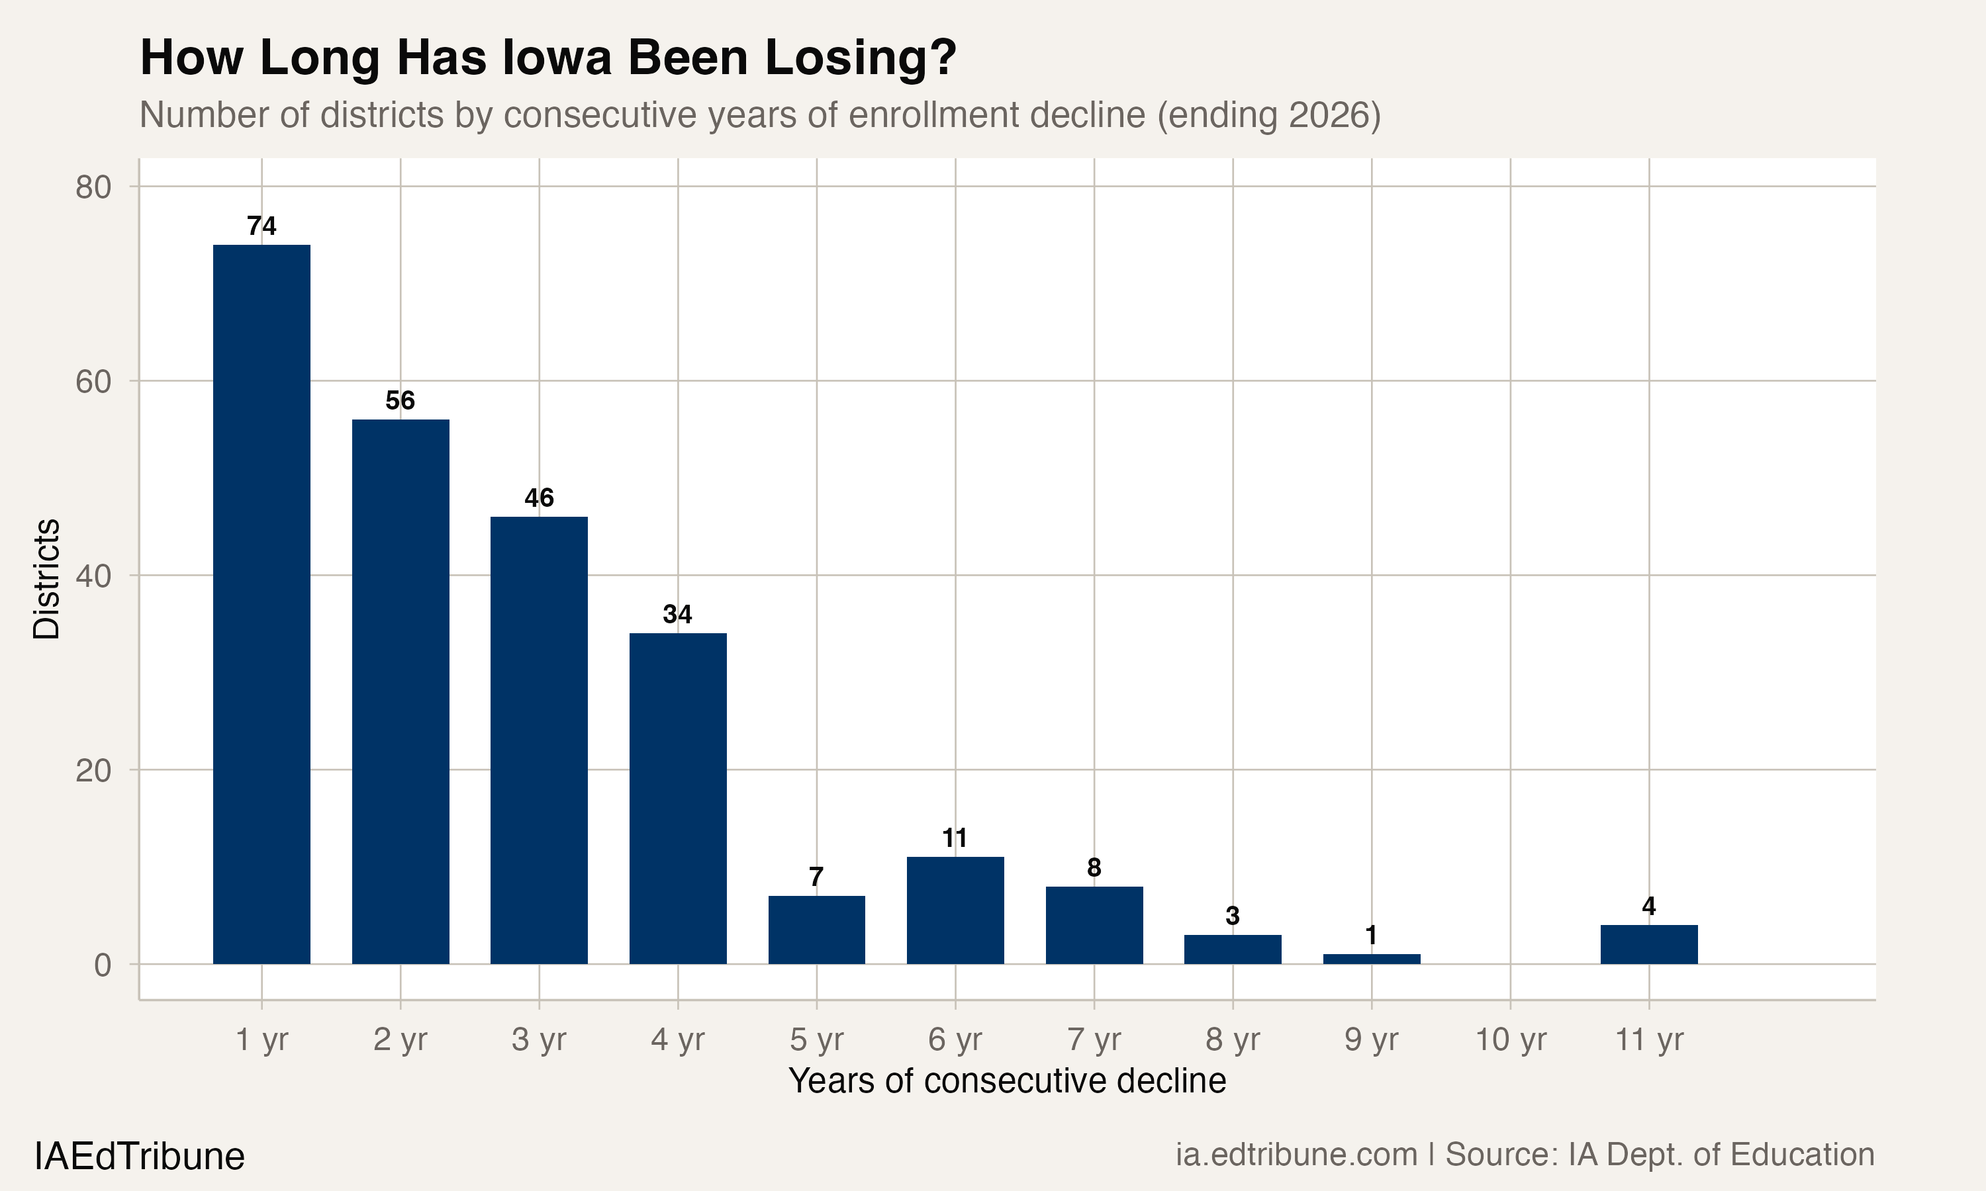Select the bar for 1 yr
click(x=261, y=603)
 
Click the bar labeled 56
click(x=401, y=691)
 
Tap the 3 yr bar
click(x=539, y=740)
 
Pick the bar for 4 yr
click(x=677, y=798)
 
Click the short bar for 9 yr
click(x=1371, y=959)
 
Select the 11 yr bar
click(x=1649, y=945)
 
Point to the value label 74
click(x=261, y=226)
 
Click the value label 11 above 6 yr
click(x=955, y=839)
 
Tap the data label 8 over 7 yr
click(x=1094, y=867)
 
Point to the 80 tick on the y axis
click(x=93, y=187)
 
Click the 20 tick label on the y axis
click(x=93, y=770)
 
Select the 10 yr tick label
click(x=1510, y=1040)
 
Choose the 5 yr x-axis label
click(x=816, y=1040)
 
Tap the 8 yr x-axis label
click(x=1232, y=1040)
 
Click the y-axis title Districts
click(x=46, y=579)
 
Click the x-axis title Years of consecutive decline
click(x=1007, y=1081)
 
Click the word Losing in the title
click(x=860, y=58)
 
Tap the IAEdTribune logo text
click(x=140, y=1157)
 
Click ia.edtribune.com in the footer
click(x=1296, y=1155)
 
